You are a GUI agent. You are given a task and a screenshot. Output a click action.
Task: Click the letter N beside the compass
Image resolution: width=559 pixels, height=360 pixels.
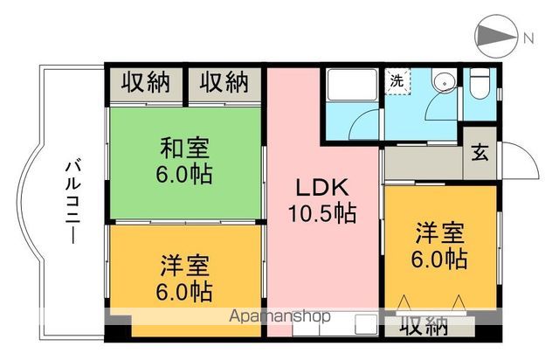[528, 38]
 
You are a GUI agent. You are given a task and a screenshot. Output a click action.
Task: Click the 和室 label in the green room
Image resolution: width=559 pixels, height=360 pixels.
[184, 145]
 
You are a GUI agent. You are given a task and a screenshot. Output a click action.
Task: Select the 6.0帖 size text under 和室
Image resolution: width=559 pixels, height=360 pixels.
[184, 174]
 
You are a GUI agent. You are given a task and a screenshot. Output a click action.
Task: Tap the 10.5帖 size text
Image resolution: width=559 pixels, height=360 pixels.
[322, 212]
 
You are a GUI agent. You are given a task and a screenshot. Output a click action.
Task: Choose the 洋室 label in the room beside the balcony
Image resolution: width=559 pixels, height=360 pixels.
[185, 264]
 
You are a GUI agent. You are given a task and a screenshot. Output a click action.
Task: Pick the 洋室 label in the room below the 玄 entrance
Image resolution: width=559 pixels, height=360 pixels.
[439, 232]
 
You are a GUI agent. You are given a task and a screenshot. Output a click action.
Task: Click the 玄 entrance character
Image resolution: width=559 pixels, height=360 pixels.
[480, 152]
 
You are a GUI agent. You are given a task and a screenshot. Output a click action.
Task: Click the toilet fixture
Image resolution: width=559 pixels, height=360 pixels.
[479, 85]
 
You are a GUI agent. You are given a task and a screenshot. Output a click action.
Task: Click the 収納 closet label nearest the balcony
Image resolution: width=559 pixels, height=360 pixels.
[145, 84]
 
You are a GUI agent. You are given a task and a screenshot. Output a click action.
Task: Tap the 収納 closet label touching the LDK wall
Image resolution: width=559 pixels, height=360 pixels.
[223, 84]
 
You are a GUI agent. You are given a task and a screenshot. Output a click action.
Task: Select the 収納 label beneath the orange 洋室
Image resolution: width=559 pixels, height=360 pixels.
[424, 327]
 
